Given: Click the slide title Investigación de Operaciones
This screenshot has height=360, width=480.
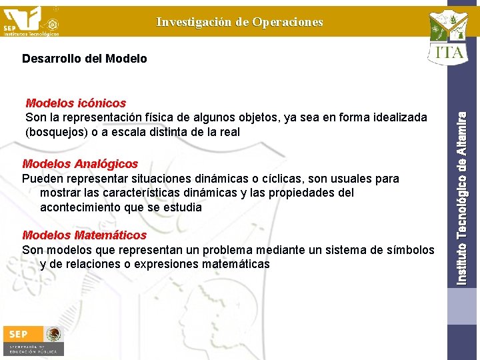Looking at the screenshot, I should [239, 22].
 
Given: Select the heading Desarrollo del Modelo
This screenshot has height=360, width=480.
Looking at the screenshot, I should [85, 59].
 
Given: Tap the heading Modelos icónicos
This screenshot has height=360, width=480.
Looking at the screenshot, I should [75, 103].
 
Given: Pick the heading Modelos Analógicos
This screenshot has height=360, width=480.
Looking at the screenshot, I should [80, 164].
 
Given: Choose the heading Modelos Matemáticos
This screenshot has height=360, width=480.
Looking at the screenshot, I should [84, 235].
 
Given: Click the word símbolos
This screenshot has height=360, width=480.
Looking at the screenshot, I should [406, 250].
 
